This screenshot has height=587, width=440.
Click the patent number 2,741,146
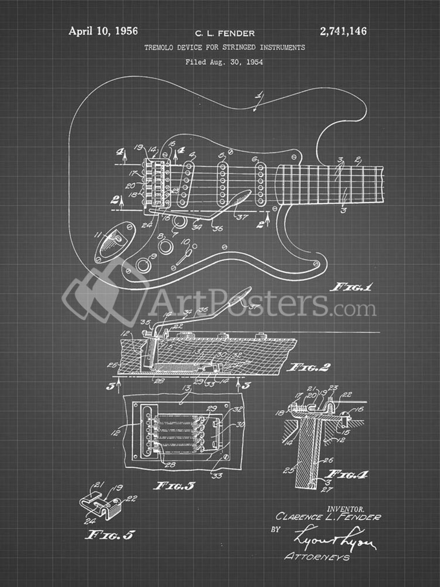coord(342,32)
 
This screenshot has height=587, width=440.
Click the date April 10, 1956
coord(103,32)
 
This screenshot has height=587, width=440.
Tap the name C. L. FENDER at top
coord(225,34)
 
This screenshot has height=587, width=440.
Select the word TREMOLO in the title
coord(162,48)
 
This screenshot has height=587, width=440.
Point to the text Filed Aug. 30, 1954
coord(224,62)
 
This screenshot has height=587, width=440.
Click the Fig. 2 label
coord(309,367)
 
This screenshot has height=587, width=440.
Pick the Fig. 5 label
coord(109,535)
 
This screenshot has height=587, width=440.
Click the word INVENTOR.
coord(345,508)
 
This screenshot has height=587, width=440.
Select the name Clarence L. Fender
coord(328,517)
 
